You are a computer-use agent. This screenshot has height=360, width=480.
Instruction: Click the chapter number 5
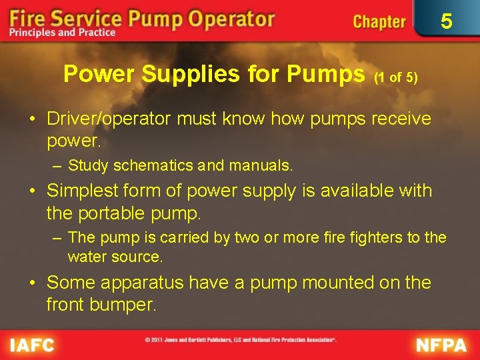(447, 21)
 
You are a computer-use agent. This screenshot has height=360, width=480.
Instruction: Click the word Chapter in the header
(379, 21)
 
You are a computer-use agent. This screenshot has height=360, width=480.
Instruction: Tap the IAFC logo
(32, 345)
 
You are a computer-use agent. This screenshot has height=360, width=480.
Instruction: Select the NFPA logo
(441, 345)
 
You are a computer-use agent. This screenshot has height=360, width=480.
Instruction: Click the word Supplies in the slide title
(181, 74)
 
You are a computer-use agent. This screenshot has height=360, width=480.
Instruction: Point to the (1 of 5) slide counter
(396, 77)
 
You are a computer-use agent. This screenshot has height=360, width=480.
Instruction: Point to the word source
(139, 256)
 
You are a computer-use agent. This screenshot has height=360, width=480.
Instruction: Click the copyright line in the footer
(240, 339)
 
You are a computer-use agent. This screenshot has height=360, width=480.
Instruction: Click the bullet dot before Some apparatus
(33, 283)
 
